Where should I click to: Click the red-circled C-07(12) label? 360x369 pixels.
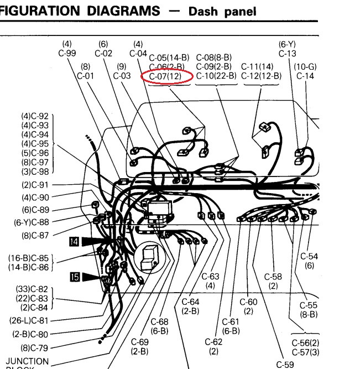coord(165,76)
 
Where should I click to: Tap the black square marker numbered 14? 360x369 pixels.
coord(74,242)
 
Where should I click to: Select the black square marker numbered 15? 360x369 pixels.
coord(75,277)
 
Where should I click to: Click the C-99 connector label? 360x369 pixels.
coord(67,53)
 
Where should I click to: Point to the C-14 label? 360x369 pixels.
coord(305,76)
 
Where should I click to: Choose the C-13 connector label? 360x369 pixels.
coord(287,54)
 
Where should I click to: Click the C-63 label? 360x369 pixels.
coord(210,276)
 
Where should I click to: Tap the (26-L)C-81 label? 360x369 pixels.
coord(29,320)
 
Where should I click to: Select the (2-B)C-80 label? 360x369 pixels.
coord(30,334)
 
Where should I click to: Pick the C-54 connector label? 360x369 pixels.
coord(309,256)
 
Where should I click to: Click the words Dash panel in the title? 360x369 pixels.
coord(222,11)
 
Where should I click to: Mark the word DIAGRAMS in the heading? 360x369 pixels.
coord(123,11)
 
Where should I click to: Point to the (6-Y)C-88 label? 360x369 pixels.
coord(32,222)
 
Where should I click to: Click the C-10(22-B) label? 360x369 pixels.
coord(216,76)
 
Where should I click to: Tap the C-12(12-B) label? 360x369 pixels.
coord(261,76)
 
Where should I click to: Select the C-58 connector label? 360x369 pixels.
coord(273,277)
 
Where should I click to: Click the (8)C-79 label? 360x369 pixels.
coord(35,348)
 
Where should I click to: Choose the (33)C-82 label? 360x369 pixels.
coord(32,289)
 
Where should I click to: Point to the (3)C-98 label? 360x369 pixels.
coord(35,171)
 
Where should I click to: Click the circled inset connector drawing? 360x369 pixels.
coord(150,257)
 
